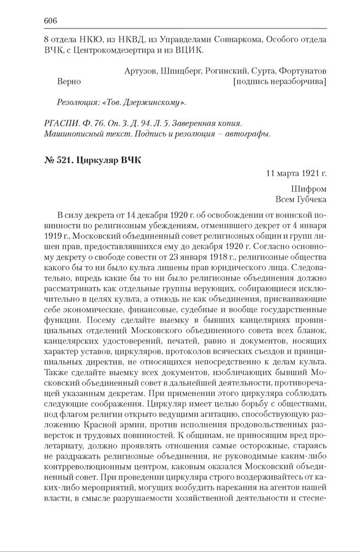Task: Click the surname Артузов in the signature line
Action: [x=140, y=71]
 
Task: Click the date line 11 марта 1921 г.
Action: [x=296, y=173]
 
